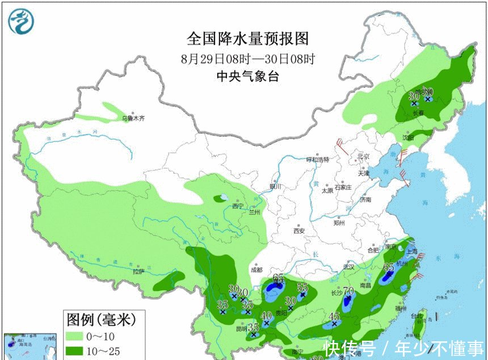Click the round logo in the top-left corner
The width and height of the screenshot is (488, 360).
click(x=21, y=21)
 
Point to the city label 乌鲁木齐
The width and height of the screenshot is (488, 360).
click(x=134, y=119)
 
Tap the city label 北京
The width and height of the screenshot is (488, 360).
click(x=363, y=157)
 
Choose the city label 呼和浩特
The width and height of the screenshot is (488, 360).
click(x=318, y=160)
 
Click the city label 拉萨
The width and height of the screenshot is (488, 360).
click(x=138, y=271)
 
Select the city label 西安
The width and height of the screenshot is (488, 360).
click(x=299, y=231)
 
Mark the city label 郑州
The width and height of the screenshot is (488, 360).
click(x=340, y=223)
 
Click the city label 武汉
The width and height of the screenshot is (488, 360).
click(x=348, y=266)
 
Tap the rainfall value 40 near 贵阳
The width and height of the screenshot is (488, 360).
click(x=266, y=315)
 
